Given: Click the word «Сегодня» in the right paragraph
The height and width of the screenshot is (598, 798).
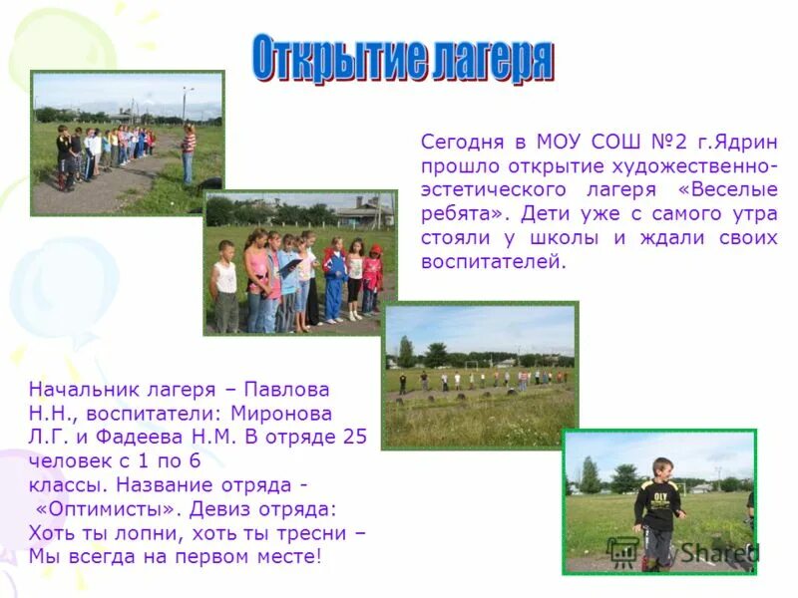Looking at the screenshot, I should (460, 142).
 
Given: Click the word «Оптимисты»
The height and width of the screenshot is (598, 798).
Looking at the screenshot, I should (100, 508).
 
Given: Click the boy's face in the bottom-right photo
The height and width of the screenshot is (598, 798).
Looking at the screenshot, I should (661, 469).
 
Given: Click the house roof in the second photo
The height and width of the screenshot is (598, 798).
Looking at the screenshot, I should (365, 206).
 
